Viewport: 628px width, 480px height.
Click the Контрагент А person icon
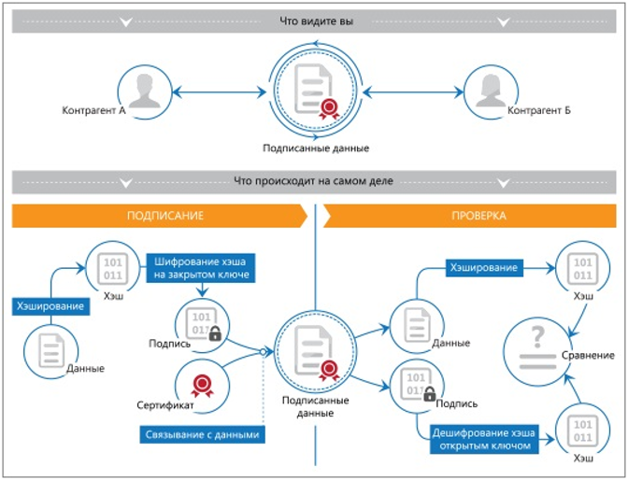pos(145,91)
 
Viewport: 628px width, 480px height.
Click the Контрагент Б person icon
pos(491,91)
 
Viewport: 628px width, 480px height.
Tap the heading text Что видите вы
pos(316,21)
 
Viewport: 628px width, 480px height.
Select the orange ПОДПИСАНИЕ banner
pos(160,216)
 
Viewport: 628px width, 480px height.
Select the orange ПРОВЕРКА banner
pos(470,216)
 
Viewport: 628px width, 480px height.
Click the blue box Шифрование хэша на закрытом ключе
pos(201,268)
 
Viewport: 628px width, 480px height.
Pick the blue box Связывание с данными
pos(202,435)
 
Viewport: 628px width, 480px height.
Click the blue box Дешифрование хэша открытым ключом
pos(484,439)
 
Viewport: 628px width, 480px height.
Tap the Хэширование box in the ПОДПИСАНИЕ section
pos(50,306)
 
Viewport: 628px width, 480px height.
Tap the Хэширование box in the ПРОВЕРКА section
pos(484,268)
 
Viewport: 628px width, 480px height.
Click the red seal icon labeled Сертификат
pos(202,386)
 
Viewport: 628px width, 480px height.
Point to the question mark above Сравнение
pos(537,336)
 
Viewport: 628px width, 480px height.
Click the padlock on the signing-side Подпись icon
pos(215,333)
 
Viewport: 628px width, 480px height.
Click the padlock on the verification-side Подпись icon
pos(429,393)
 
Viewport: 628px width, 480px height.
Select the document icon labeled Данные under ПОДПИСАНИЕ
pos(51,351)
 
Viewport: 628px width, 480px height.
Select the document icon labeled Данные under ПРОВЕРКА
pos(418,325)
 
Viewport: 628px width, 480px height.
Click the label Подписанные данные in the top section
pos(316,148)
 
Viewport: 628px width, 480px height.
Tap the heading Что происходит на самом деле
pos(314,181)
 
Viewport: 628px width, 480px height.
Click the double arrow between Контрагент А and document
pos(219,92)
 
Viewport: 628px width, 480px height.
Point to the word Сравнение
pos(588,355)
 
